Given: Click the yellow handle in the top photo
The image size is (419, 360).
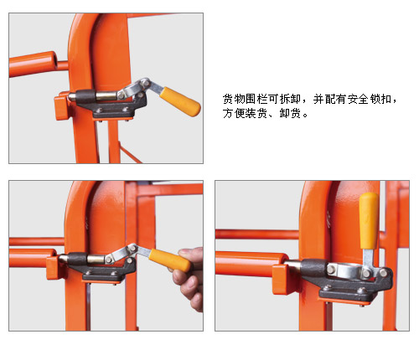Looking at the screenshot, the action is click(x=180, y=101).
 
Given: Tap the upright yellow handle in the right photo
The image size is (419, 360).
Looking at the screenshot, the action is click(x=369, y=220).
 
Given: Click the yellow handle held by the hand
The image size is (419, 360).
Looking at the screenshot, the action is click(x=169, y=260).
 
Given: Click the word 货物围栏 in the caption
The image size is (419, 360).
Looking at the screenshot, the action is click(x=246, y=100).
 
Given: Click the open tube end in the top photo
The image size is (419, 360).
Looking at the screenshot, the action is click(x=56, y=60).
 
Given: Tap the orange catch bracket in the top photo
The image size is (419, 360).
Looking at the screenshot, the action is click(x=61, y=106).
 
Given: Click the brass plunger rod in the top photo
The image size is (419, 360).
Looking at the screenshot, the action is click(x=106, y=95).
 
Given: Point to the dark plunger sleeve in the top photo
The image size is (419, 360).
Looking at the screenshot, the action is click(x=85, y=96).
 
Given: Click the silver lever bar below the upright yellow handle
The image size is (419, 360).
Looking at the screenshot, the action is click(x=368, y=261).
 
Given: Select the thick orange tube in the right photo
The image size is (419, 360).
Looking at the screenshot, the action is click(x=250, y=264).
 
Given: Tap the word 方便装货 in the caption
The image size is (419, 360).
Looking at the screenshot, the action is click(x=245, y=114).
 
